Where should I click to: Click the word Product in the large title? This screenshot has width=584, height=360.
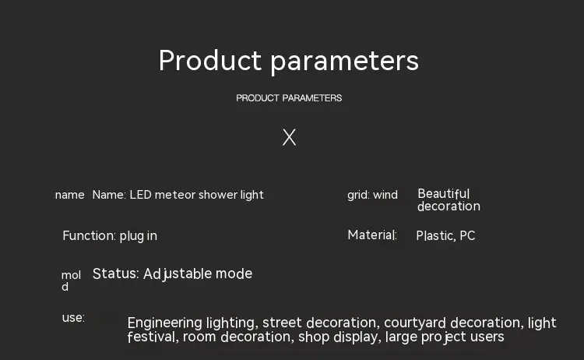[x=210, y=60]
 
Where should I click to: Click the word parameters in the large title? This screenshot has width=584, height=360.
[x=344, y=62]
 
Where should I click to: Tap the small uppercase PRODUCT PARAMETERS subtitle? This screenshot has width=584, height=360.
[x=289, y=98]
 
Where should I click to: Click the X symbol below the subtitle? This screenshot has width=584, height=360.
[x=289, y=137]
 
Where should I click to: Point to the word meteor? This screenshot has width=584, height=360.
[x=175, y=195]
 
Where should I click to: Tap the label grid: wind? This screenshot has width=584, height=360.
[x=372, y=195]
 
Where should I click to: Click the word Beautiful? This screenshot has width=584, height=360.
[x=444, y=193]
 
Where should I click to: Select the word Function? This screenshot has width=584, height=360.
[x=89, y=235]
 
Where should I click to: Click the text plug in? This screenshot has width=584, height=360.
[x=138, y=236]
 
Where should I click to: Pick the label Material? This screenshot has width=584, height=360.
[x=372, y=235]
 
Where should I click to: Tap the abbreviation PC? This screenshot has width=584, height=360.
[x=467, y=235]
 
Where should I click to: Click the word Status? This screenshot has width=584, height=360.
[x=116, y=274]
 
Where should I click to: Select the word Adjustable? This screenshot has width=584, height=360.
[x=178, y=274]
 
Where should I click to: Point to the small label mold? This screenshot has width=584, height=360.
[x=71, y=281]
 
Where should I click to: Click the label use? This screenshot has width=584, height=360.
[x=73, y=318]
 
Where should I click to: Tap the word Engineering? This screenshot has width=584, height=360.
[x=165, y=323]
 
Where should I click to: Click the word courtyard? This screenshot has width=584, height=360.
[x=415, y=323]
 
